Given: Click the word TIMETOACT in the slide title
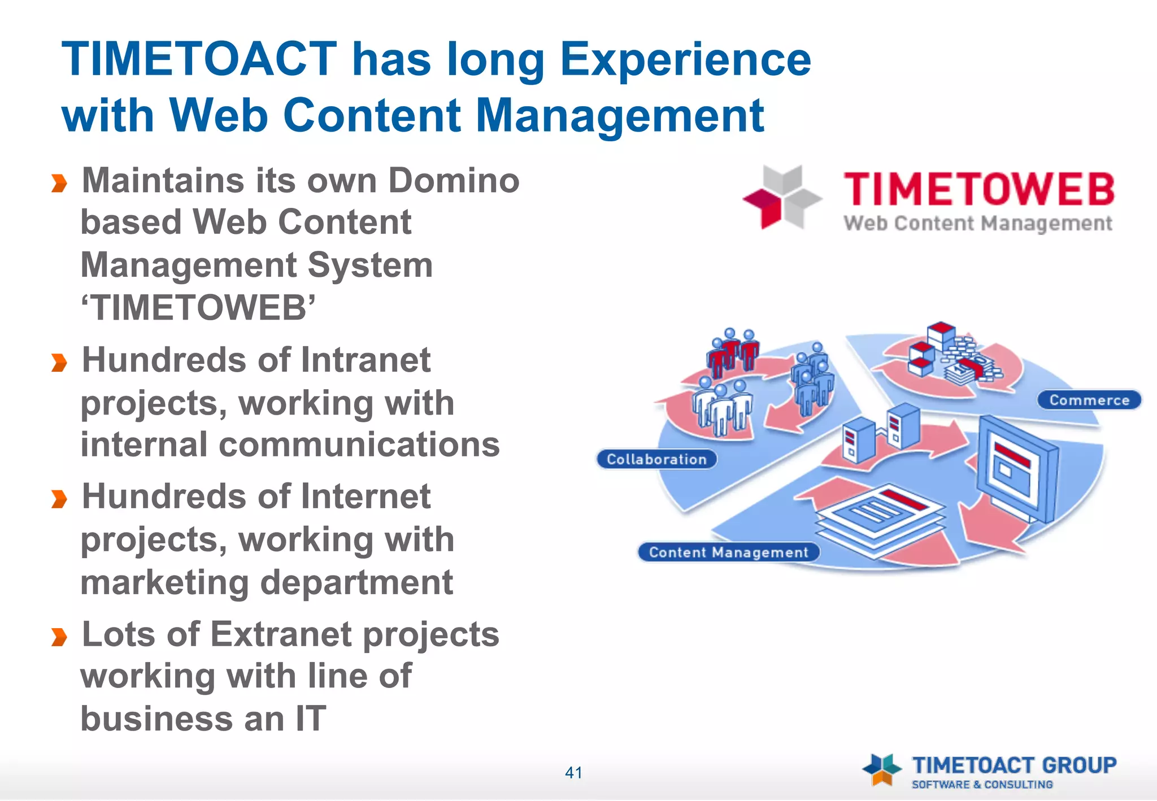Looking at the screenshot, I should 199,59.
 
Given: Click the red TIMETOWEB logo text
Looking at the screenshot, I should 978,189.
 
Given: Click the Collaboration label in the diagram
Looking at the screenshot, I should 656,459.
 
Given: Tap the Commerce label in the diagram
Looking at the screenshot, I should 1089,400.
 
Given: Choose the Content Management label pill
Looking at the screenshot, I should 728,552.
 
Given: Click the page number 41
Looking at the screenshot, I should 573,772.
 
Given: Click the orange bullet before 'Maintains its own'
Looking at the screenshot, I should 59,183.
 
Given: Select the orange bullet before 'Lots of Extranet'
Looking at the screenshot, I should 59,637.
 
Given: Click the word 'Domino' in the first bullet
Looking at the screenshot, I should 454,181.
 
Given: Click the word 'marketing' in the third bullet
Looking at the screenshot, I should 164,582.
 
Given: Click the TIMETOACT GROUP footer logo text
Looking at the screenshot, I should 1014,765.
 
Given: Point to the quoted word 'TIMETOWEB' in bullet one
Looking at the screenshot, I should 198,308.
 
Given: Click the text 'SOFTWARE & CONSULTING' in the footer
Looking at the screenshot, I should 982,785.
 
